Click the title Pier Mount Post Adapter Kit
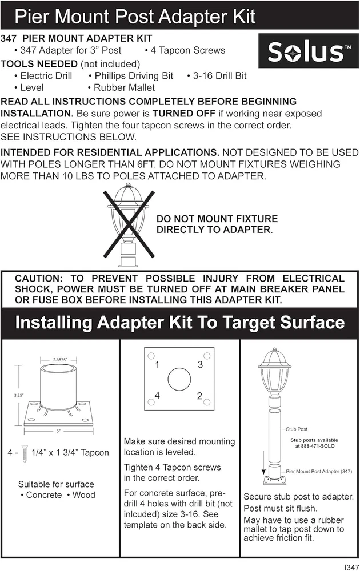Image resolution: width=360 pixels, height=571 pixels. (x=135, y=16)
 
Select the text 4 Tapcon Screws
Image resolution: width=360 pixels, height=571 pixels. (x=185, y=50)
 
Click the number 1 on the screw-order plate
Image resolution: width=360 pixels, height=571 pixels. (x=157, y=364)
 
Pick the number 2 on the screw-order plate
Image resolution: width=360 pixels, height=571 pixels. (x=199, y=396)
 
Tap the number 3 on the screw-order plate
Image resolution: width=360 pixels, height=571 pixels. (x=199, y=364)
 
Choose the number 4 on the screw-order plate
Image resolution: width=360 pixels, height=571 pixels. (x=157, y=396)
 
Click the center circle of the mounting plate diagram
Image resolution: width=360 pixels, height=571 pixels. (x=178, y=380)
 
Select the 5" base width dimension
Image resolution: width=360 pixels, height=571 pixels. (x=58, y=431)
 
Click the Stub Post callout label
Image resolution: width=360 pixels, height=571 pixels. (x=296, y=428)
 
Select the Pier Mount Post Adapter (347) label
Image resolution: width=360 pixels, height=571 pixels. (x=319, y=472)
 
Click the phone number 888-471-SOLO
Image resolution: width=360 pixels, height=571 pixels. (x=314, y=447)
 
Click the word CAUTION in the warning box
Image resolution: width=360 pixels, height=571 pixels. (x=39, y=279)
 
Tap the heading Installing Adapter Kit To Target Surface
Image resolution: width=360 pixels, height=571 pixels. (x=180, y=323)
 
